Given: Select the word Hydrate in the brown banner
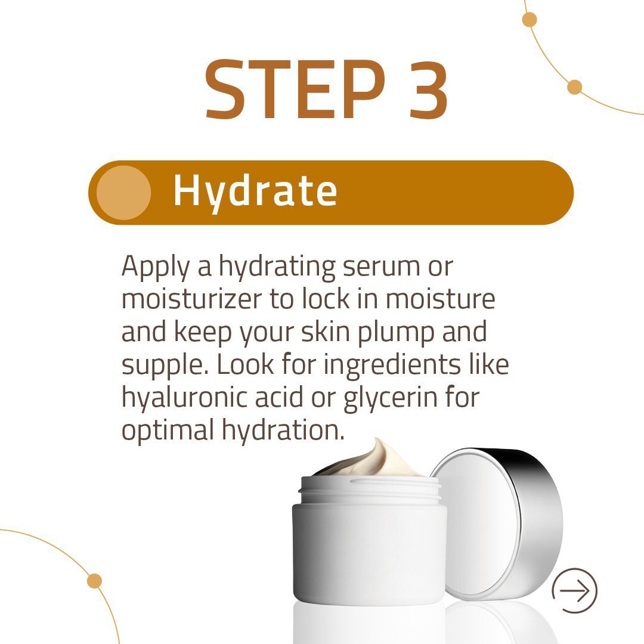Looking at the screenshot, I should coord(255,192).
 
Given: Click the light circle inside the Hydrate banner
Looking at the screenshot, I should coord(124,192).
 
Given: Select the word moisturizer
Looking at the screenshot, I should coord(191,299).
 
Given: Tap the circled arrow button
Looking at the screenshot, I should coord(574,591).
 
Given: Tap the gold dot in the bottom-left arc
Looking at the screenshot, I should coord(94,581).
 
